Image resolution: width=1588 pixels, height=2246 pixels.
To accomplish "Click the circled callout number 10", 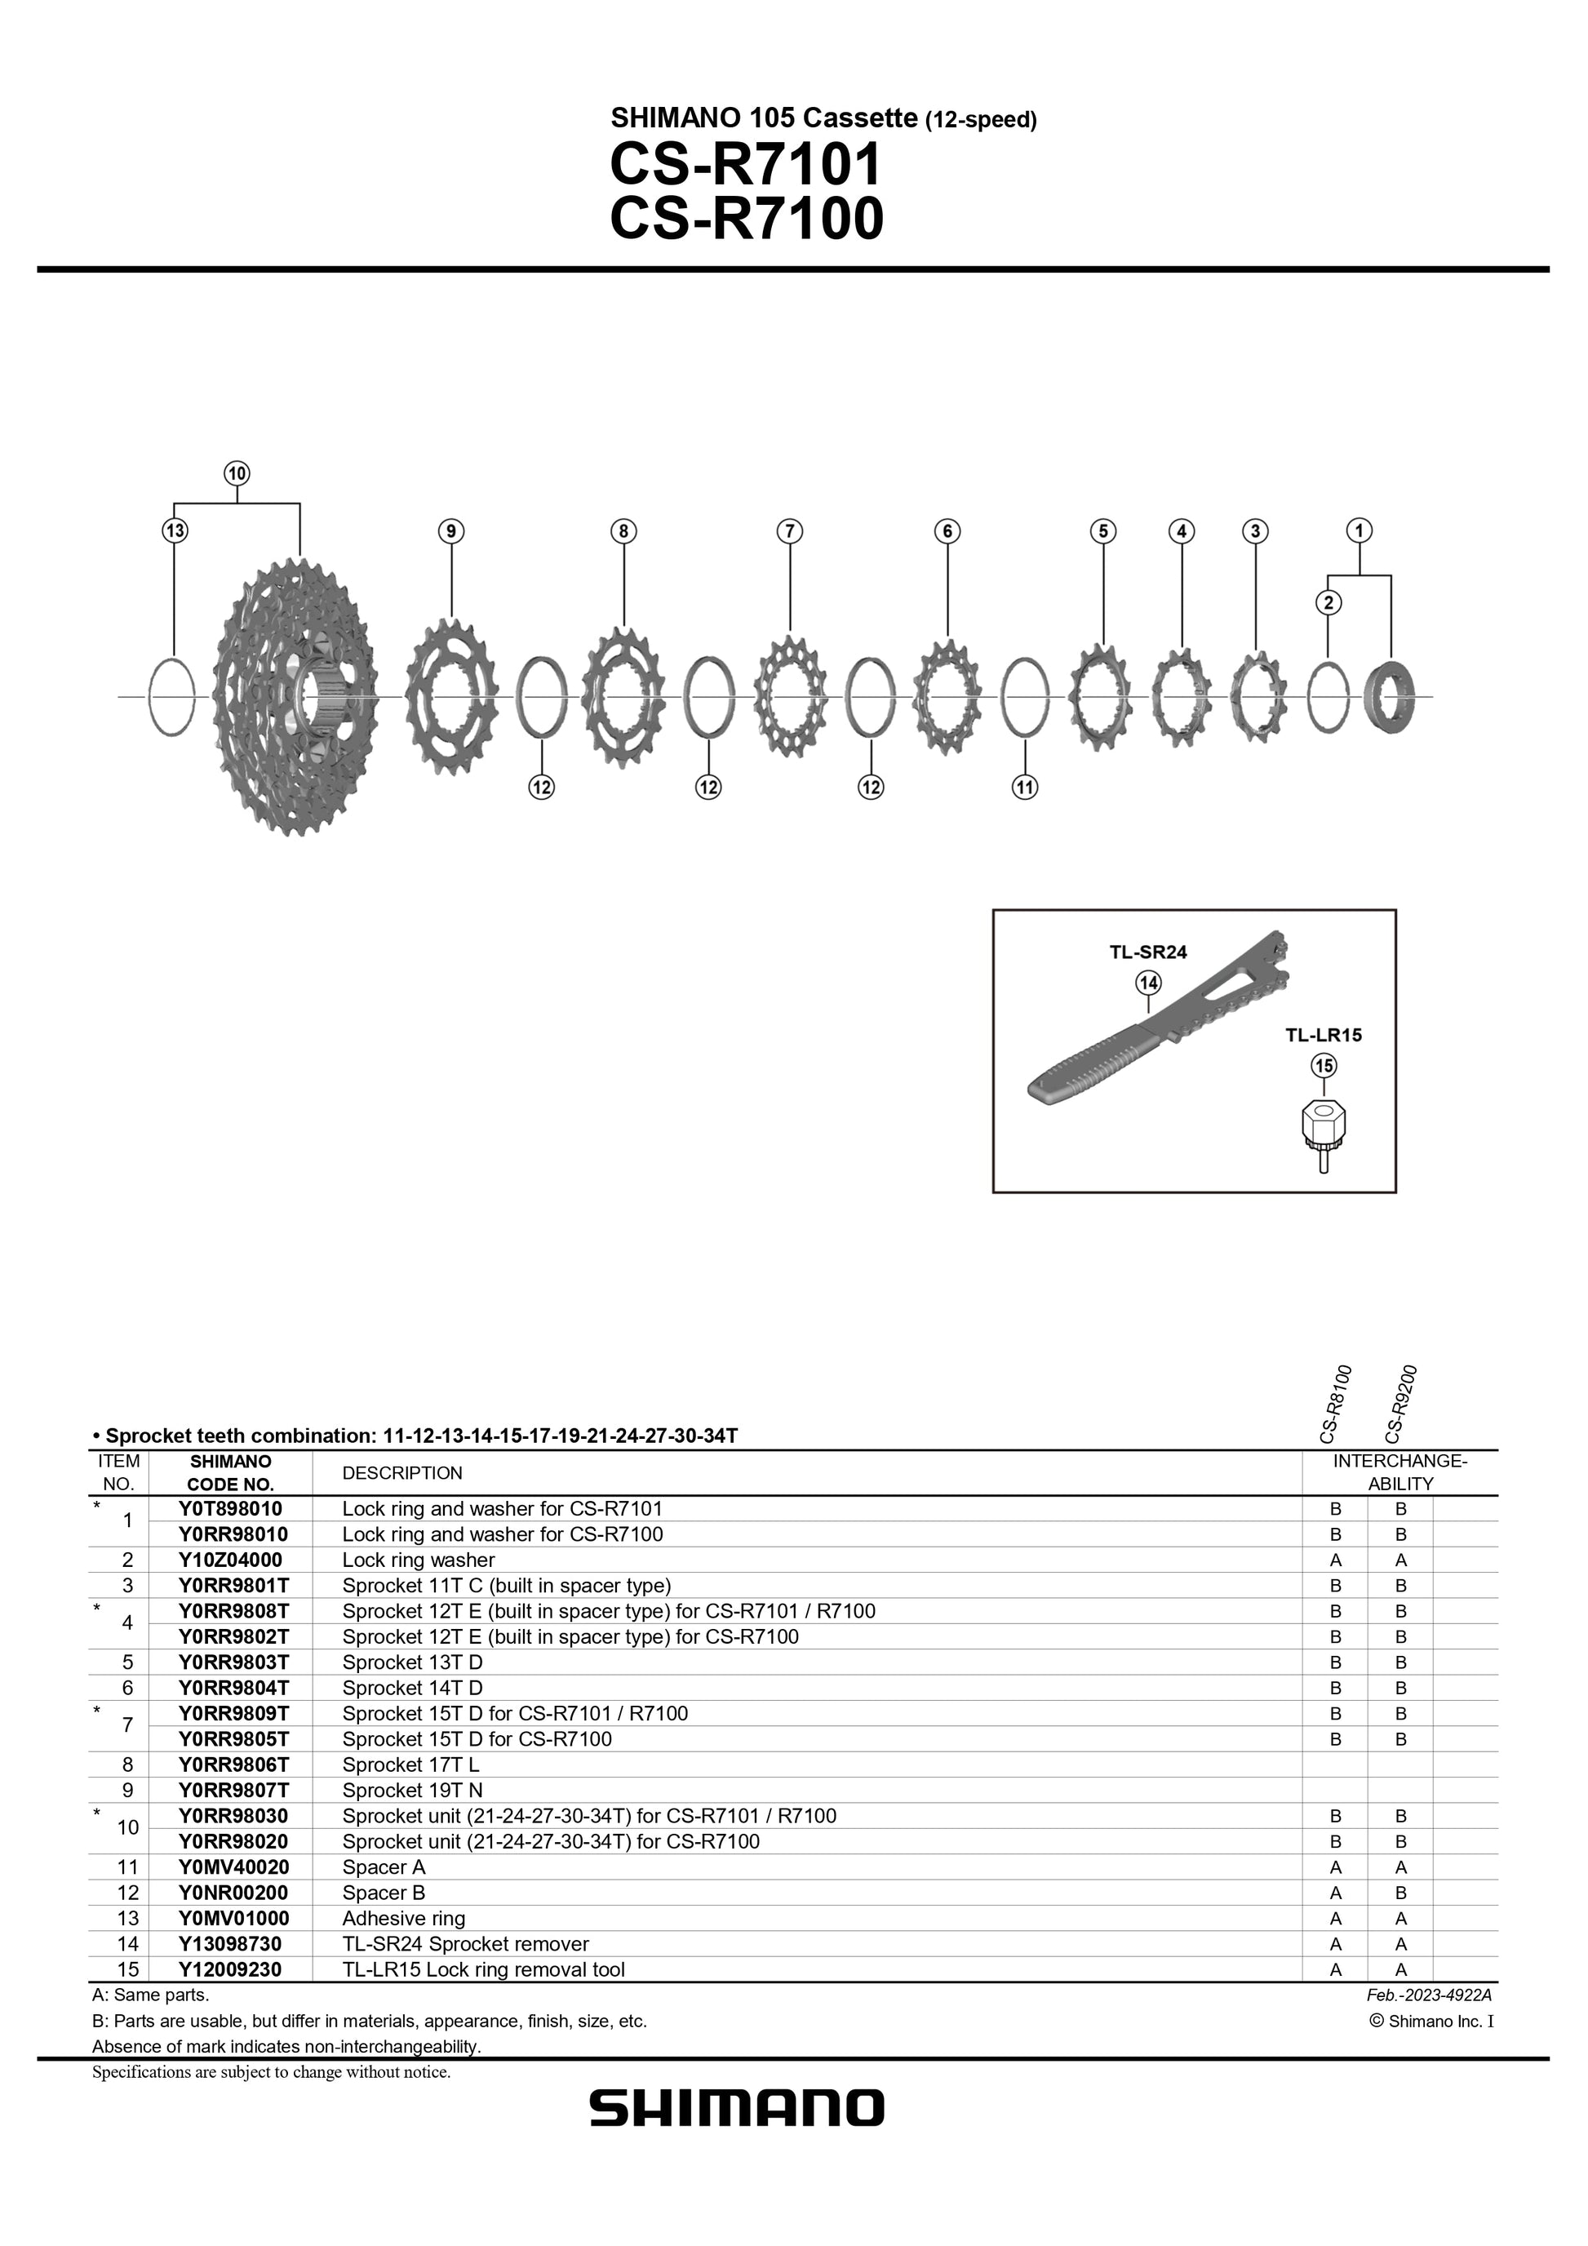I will (237, 473).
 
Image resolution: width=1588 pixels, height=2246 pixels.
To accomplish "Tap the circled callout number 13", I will (175, 531).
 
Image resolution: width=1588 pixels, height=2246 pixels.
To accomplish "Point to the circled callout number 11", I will (1024, 787).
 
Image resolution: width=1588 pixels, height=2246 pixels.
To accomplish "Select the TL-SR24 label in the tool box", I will (1148, 952).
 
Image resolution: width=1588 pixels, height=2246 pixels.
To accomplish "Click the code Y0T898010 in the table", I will (230, 1508).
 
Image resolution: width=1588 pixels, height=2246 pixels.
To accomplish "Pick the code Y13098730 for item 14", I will (230, 1944).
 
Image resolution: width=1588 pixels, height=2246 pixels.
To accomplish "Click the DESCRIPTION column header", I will (401, 1473).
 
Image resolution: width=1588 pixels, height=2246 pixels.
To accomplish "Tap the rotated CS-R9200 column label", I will (1400, 1404).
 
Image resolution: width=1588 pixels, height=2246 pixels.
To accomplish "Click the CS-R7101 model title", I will (745, 164).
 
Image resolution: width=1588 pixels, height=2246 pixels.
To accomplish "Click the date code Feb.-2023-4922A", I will (1429, 1995).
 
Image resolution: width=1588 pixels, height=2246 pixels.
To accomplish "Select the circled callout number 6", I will (947, 531).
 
